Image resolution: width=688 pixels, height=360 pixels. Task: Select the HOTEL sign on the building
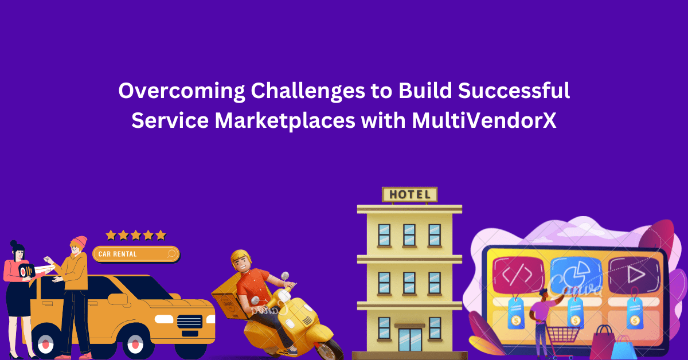coord(409,194)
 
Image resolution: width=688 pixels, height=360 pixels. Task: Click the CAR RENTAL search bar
coord(135,253)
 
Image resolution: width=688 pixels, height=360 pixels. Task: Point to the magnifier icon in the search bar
coord(171,253)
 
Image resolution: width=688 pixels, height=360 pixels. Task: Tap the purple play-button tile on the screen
coord(633,275)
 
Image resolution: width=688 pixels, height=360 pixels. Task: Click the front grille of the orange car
coord(193,322)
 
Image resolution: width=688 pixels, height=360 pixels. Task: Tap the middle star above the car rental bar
coord(135,235)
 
